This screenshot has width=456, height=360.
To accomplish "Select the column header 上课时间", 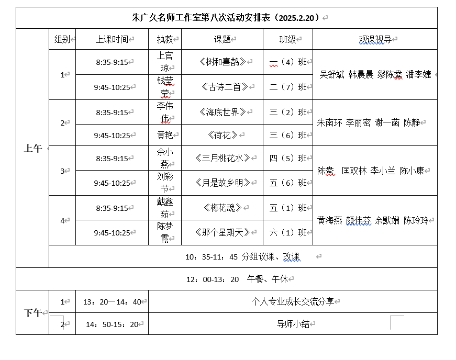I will pyautogui.click(x=112, y=39).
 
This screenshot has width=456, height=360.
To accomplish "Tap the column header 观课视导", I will pyautogui.click(x=375, y=39).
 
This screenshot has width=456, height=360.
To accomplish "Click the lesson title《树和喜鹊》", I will pyautogui.click(x=222, y=62).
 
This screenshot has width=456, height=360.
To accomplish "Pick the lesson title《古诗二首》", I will pyautogui.click(x=222, y=87).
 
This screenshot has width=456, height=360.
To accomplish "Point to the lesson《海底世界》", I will pyautogui.click(x=222, y=112).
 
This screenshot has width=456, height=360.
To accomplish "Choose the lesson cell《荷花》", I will pyautogui.click(x=222, y=135).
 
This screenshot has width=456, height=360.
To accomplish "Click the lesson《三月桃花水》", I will pyautogui.click(x=222, y=158).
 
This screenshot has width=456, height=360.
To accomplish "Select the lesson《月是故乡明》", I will pyautogui.click(x=222, y=183).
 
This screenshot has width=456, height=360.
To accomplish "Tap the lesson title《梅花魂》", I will pyautogui.click(x=222, y=208).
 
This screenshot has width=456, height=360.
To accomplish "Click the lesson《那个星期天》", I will pyautogui.click(x=222, y=232).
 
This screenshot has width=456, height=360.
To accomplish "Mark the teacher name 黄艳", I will pyautogui.click(x=165, y=135).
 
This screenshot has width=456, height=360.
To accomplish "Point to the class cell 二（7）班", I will pyautogui.click(x=287, y=87).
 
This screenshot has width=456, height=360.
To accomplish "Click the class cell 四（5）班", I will pyautogui.click(x=287, y=158).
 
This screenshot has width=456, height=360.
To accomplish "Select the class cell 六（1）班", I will pyautogui.click(x=287, y=232).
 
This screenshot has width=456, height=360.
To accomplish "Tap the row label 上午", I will pyautogui.click(x=32, y=148).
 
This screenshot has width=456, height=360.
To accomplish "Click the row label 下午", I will pyautogui.click(x=32, y=313).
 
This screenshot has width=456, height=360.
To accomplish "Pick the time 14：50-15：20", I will pyautogui.click(x=112, y=324).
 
